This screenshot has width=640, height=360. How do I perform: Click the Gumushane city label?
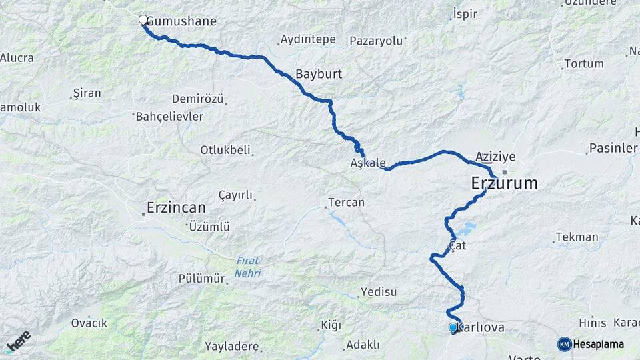181,21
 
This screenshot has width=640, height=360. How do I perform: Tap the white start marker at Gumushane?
143,21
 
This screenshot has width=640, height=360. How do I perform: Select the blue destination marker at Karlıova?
453,327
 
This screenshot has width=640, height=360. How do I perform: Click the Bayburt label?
319,74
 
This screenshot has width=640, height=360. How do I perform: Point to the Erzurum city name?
504,183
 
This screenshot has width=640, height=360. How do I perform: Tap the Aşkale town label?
368,163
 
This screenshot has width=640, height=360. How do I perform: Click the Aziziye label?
496,157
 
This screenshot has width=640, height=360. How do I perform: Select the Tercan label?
346,202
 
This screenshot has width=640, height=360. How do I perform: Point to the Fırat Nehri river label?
248,267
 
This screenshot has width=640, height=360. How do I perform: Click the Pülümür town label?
201,279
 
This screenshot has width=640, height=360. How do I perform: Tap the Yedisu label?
378,291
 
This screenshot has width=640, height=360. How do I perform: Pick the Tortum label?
583,64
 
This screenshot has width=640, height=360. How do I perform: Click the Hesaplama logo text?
599,344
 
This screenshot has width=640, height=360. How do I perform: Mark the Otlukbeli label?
225,150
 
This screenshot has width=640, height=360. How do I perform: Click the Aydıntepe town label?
308,39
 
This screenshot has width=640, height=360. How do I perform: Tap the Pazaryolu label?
377,41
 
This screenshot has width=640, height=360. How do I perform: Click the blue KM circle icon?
565,344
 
